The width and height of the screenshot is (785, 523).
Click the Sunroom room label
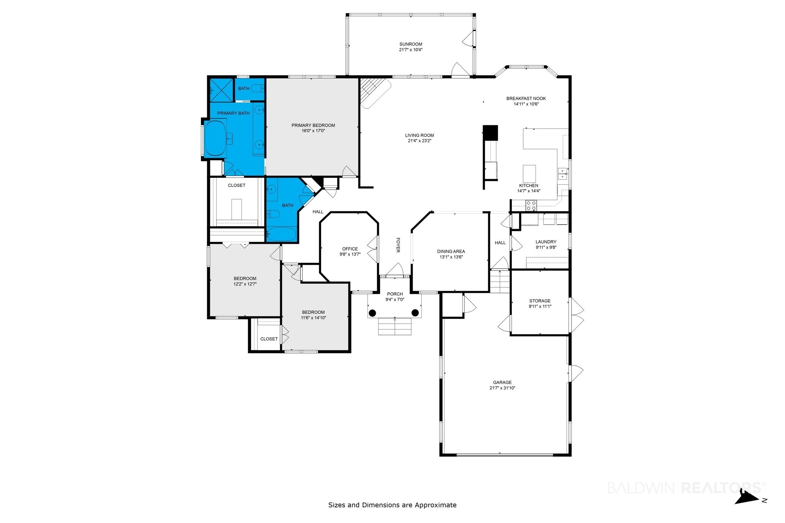411,44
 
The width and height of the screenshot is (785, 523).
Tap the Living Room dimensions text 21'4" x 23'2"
419,141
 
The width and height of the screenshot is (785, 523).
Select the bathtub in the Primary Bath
215,138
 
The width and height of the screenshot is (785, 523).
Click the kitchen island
529,174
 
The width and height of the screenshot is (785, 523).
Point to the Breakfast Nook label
526,98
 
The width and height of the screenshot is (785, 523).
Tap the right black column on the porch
415,313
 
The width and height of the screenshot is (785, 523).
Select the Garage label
502,382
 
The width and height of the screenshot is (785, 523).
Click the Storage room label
540,301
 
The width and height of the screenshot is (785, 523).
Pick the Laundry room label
546,242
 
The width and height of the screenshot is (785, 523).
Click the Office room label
350,249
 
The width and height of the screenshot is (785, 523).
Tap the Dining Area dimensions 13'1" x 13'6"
451,257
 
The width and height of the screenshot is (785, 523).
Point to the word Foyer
398,245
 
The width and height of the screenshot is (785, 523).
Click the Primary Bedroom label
313,125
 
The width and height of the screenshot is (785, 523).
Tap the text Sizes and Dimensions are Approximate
392,505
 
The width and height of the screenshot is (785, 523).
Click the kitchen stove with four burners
531,206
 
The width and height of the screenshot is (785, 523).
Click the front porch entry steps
395,326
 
